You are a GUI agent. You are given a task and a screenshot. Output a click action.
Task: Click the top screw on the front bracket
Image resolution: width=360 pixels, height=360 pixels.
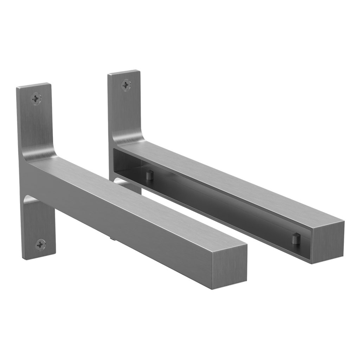[x=36, y=99]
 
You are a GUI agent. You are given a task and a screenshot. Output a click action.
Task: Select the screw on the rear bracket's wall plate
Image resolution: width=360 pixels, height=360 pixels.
[x=126, y=85]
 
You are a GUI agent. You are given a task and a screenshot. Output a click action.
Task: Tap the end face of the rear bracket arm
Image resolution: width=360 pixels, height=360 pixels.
[x=328, y=244]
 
